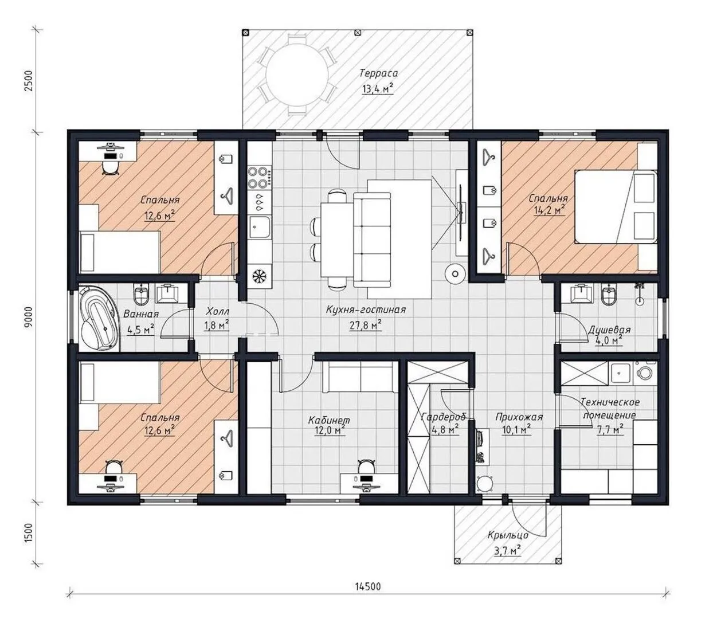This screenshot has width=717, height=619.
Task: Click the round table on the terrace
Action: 297,74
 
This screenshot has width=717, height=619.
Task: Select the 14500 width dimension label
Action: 368,587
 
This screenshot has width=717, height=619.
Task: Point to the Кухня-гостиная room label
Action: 366,310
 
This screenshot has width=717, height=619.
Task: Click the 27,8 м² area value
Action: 366,326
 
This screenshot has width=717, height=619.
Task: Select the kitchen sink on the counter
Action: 260,228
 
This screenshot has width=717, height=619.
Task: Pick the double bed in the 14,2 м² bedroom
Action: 616,207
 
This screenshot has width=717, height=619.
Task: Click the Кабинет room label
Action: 329,421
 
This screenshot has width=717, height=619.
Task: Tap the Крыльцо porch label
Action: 508,535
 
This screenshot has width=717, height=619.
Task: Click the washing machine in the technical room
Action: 645,373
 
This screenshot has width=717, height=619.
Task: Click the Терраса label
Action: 378,73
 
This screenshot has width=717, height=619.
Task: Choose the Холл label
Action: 217,311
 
